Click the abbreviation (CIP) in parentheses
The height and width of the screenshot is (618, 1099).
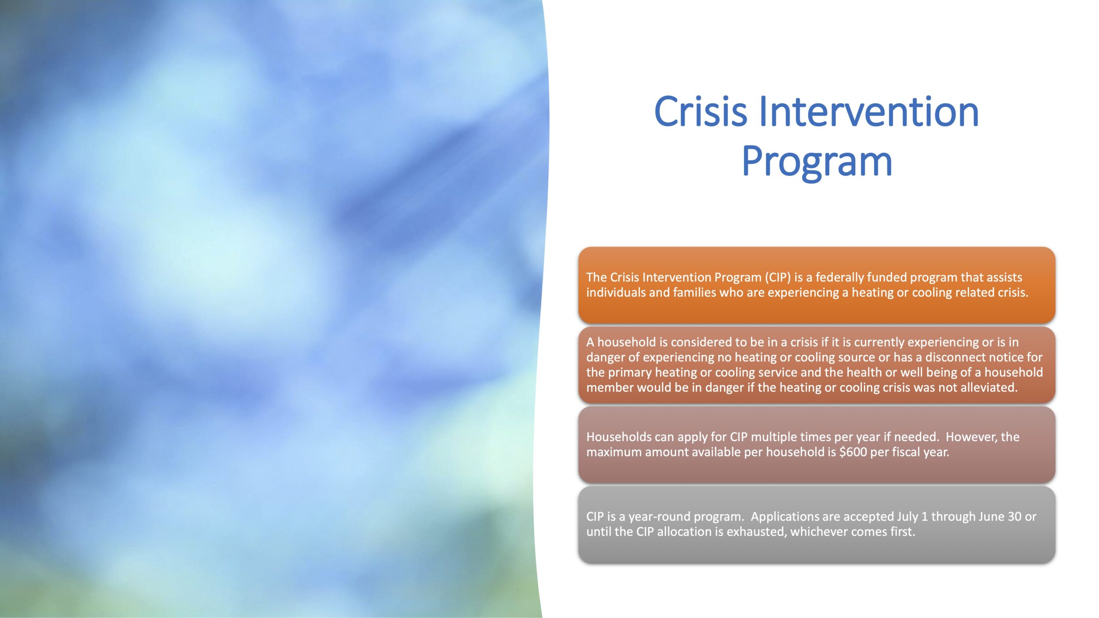point(777,277)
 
